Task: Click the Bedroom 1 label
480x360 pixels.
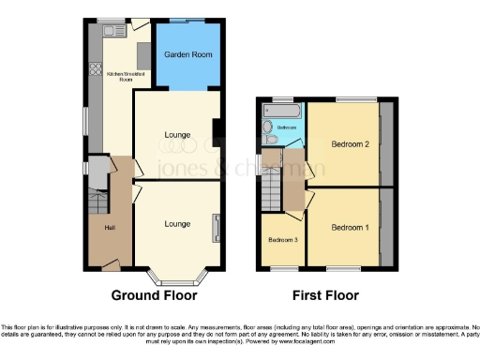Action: coord(350,228)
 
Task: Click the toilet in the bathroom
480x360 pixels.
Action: coord(268,127)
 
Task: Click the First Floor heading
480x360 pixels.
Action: coord(325,295)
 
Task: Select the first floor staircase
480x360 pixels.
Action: coord(272,193)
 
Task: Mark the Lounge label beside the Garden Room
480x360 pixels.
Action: coord(178,135)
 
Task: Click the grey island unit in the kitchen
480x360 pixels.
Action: coord(144,53)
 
